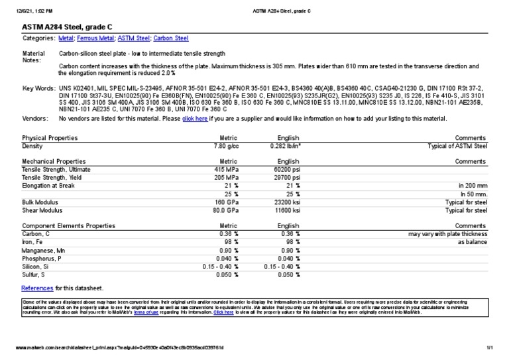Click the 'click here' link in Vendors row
pos(195,119)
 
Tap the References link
pos(37,288)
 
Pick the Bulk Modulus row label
pos(39,202)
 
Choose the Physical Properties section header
pos(50,137)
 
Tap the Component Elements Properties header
pos(68,226)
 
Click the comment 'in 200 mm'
pos(473,186)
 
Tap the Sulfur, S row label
pos(34,274)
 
